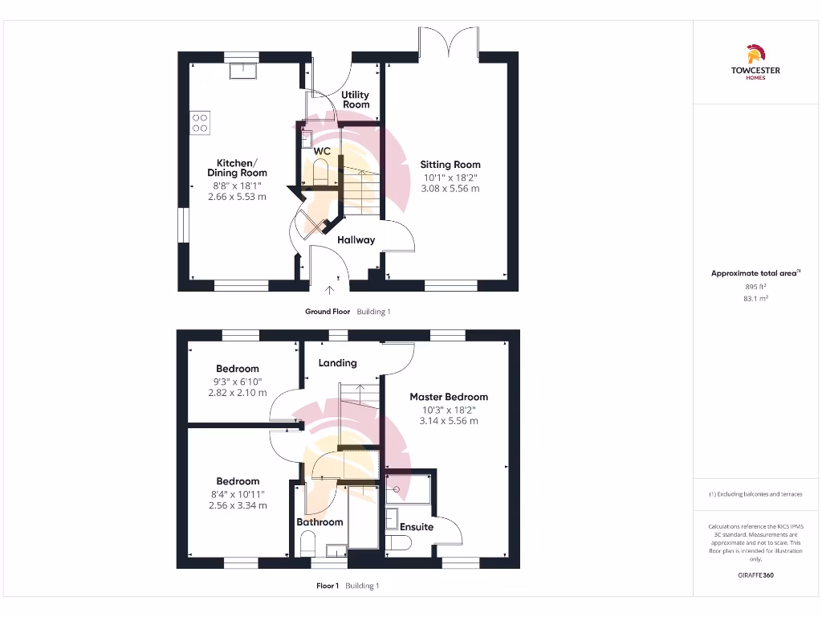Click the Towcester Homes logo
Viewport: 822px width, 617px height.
pyautogui.click(x=755, y=63)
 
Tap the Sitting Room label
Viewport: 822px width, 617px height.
pyautogui.click(x=450, y=165)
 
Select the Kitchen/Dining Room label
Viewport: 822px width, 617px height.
pyautogui.click(x=237, y=167)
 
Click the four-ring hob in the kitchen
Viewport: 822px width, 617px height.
pyautogui.click(x=200, y=123)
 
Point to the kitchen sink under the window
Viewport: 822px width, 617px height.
pyautogui.click(x=242, y=72)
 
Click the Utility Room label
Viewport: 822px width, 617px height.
pyautogui.click(x=356, y=100)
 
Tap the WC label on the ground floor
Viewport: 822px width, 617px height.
pyautogui.click(x=322, y=150)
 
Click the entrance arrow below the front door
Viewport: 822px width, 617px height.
pyautogui.click(x=329, y=290)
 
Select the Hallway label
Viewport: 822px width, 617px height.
pyautogui.click(x=356, y=239)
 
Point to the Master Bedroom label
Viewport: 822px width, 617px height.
pyautogui.click(x=449, y=397)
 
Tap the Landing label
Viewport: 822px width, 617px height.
pyautogui.click(x=337, y=363)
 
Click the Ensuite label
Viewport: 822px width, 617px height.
pyautogui.click(x=417, y=527)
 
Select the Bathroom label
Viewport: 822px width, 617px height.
pyautogui.click(x=319, y=522)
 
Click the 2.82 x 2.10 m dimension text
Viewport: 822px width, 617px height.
pyautogui.click(x=237, y=393)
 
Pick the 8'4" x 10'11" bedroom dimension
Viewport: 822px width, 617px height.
pyautogui.click(x=237, y=493)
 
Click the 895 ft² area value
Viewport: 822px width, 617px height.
pyautogui.click(x=755, y=286)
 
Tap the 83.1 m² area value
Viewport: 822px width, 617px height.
pyautogui.click(x=755, y=298)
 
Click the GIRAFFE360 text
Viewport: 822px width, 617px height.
pyautogui.click(x=755, y=575)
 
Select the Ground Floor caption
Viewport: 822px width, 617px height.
pyautogui.click(x=328, y=312)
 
